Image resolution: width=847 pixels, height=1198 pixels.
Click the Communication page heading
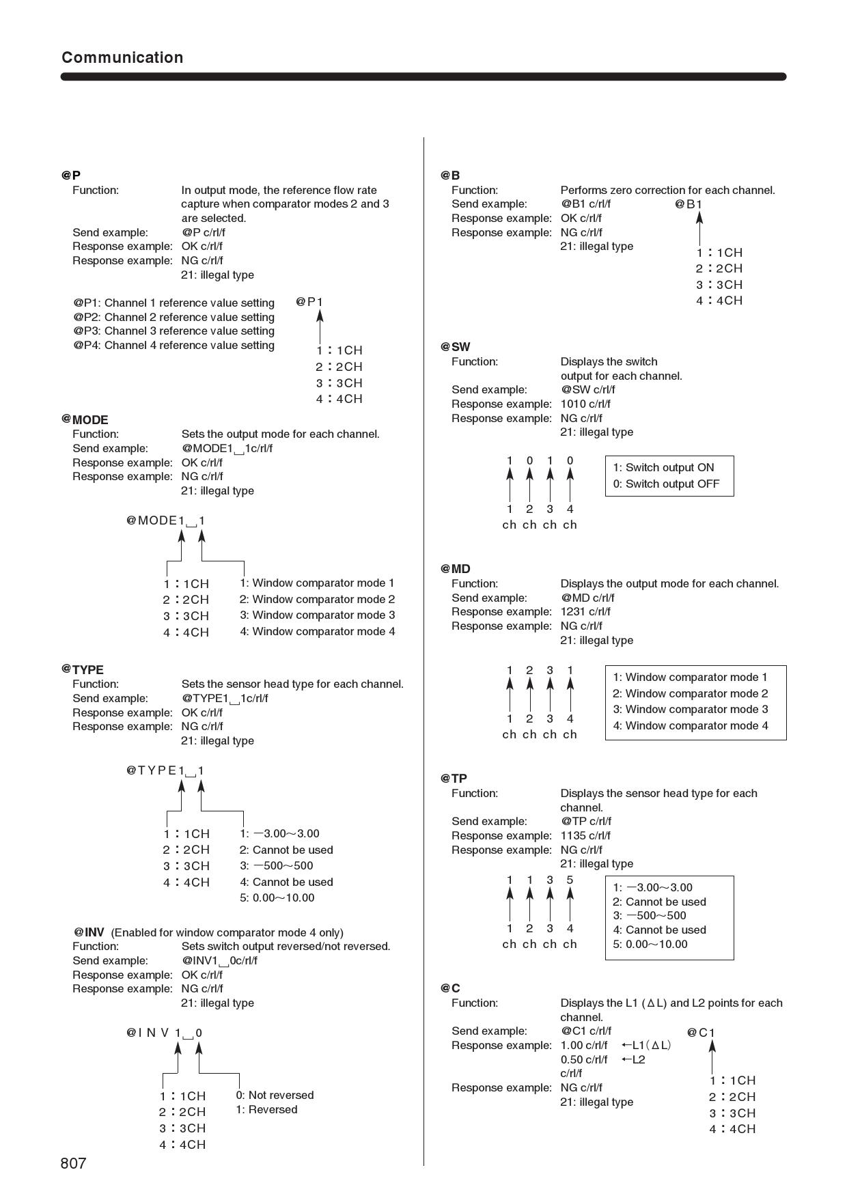[x=122, y=57]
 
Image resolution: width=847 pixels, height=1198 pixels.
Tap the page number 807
[x=74, y=1163]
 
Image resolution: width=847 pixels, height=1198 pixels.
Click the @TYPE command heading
[x=83, y=669]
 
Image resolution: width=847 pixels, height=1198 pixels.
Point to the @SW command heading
[x=456, y=347]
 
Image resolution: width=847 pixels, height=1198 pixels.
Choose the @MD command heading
[x=456, y=569]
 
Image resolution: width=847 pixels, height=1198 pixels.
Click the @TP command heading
[x=454, y=779]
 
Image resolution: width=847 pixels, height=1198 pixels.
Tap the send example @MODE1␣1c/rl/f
[x=227, y=449]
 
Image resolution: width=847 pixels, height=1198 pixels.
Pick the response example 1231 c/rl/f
[x=585, y=611]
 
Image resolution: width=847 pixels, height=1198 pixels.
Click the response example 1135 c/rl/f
[x=585, y=835]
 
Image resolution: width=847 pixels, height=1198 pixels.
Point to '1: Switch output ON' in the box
[x=663, y=467]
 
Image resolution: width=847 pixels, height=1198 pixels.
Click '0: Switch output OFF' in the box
[x=665, y=484]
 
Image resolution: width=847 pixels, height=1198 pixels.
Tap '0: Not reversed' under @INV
[x=275, y=1095]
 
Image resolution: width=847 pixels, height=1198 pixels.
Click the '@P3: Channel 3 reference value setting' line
[x=174, y=331]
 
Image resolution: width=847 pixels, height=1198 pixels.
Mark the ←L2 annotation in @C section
[x=633, y=1059]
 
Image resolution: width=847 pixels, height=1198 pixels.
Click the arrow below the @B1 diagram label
[x=699, y=228]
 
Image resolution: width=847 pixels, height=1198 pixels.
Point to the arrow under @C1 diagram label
[x=712, y=1057]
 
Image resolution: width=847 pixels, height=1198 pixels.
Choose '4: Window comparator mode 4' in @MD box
[x=690, y=725]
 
